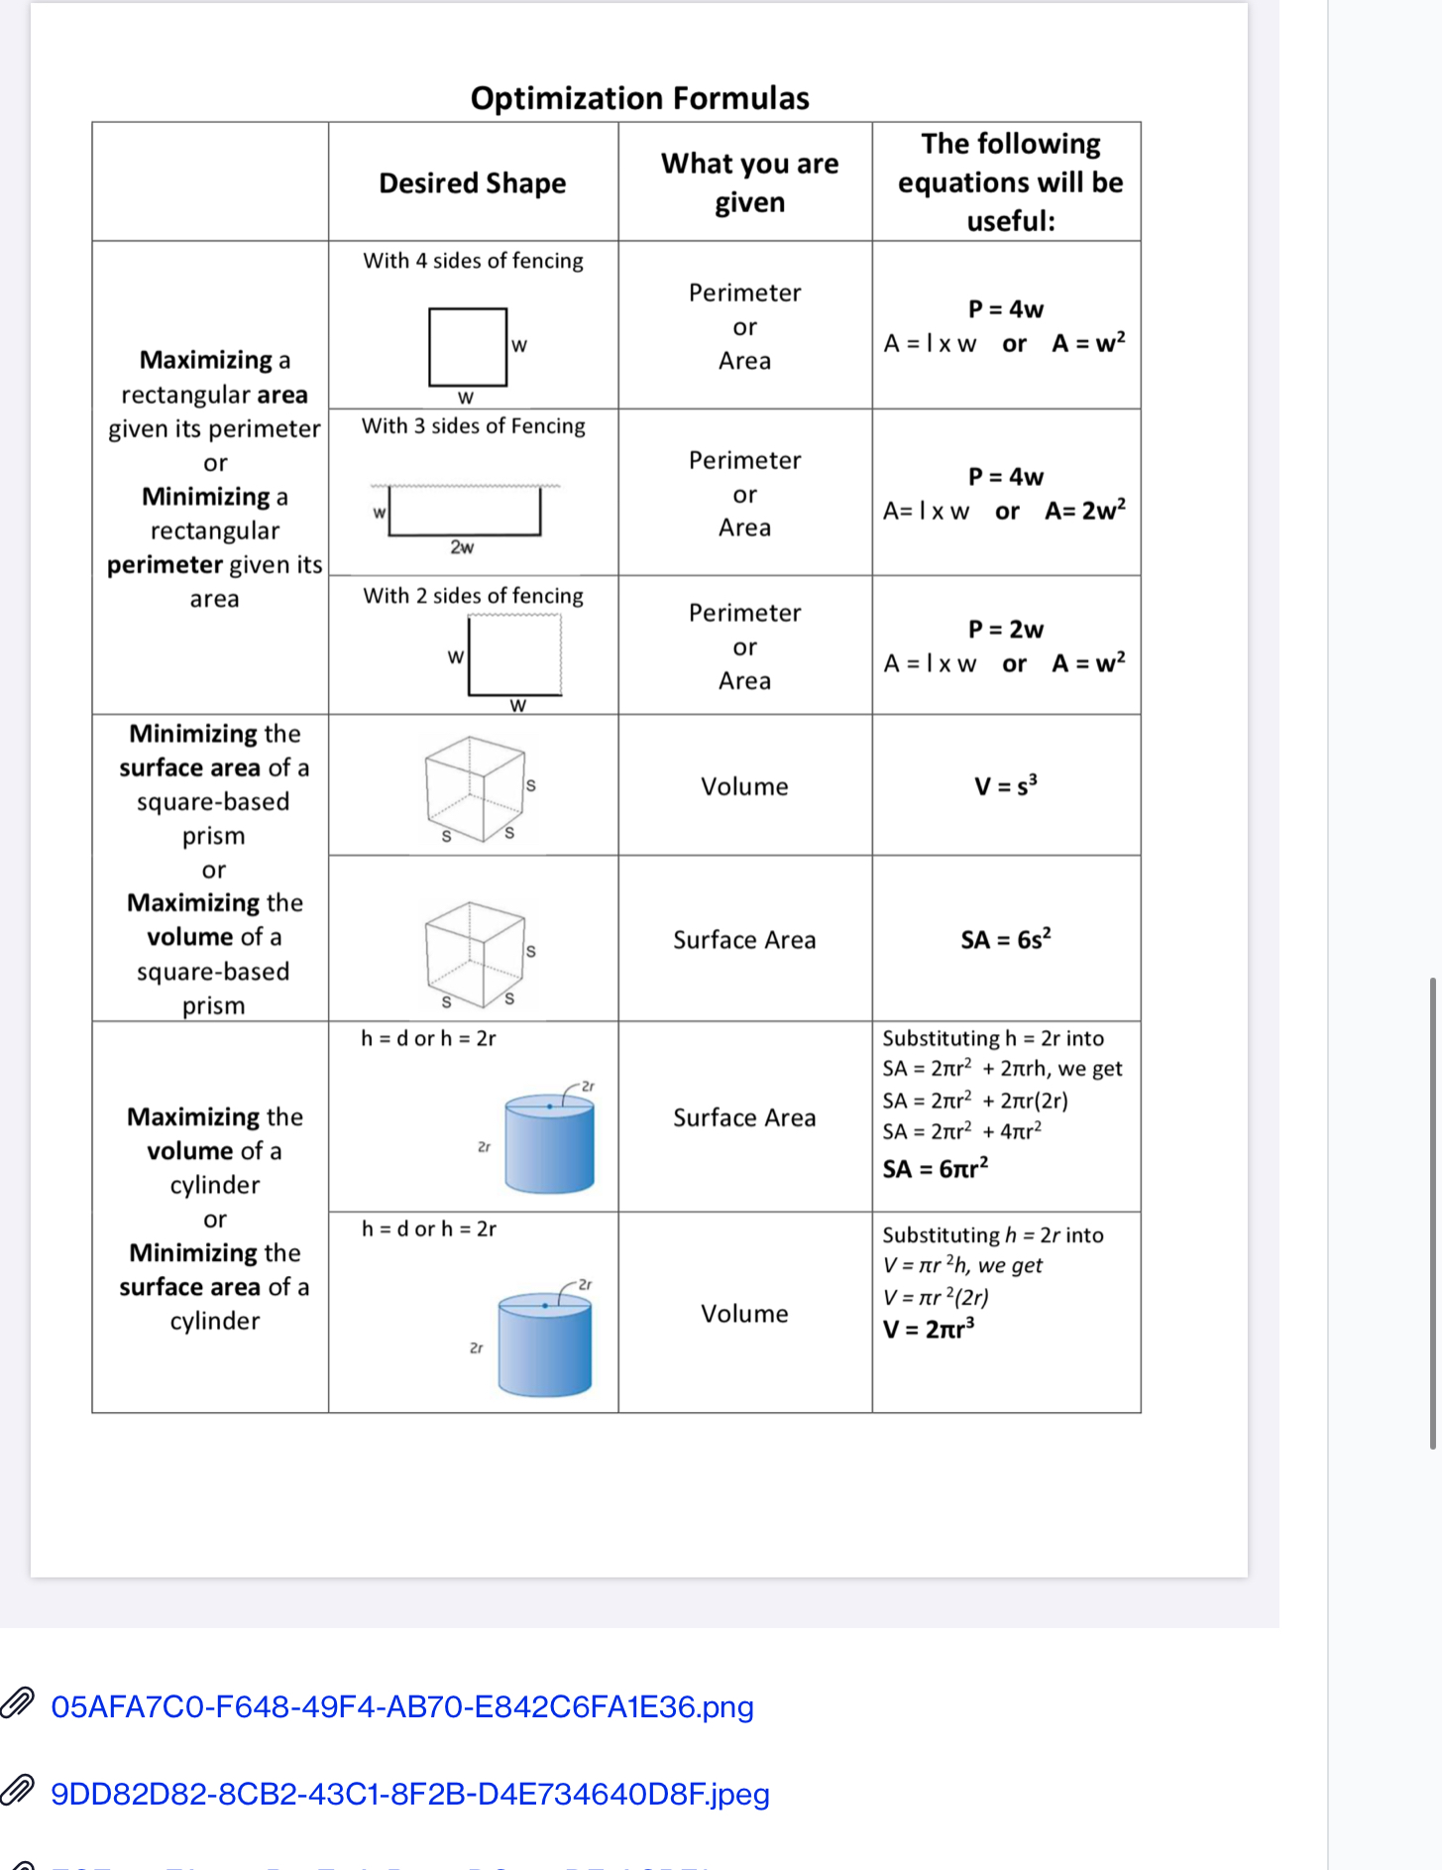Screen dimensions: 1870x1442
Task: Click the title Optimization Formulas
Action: click(639, 98)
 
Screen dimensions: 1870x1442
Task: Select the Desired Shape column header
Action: click(472, 183)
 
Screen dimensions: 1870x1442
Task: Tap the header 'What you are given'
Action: click(749, 182)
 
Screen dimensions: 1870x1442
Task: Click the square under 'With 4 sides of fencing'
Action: click(467, 347)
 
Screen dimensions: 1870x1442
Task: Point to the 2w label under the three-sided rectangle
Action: click(462, 547)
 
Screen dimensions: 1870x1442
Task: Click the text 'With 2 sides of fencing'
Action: click(473, 596)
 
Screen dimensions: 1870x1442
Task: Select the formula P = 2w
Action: click(1005, 630)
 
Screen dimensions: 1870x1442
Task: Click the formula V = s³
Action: click(1005, 786)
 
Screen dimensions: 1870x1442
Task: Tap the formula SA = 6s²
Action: click(1005, 939)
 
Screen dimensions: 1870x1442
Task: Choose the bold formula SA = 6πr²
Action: click(935, 1169)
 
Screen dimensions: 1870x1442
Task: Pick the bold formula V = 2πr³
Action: click(928, 1330)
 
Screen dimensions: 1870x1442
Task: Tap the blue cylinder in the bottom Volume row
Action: click(544, 1344)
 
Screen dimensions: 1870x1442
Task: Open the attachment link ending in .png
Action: click(401, 1706)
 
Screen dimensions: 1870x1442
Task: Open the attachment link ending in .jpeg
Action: click(409, 1794)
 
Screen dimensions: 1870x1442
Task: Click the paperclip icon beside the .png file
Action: click(18, 1702)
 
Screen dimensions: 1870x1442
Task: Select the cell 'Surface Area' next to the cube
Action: click(744, 940)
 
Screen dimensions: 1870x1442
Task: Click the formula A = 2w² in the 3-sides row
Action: click(1084, 511)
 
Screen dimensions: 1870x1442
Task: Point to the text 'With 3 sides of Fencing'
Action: click(473, 426)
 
